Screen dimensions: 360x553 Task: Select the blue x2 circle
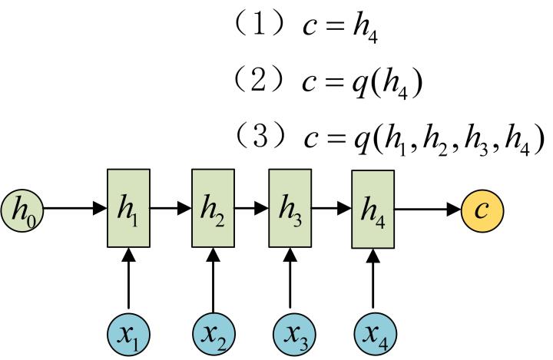[x=211, y=335]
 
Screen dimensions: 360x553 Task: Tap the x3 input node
[x=290, y=335]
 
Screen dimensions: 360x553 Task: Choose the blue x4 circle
[x=372, y=335]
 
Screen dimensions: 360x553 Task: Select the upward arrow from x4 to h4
[x=372, y=281]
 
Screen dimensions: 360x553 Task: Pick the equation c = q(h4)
[x=330, y=83]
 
